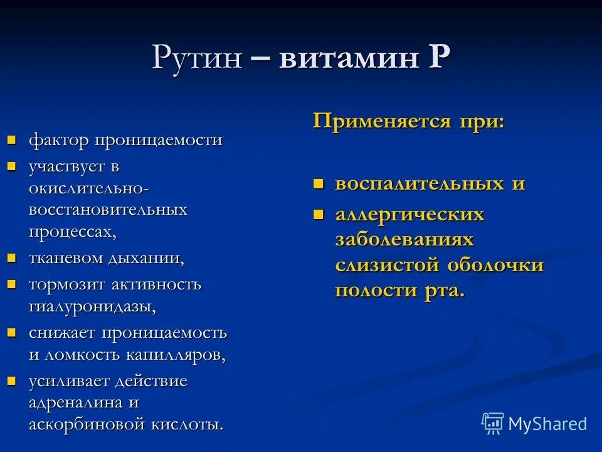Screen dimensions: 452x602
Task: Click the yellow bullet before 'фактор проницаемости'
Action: coord(11,139)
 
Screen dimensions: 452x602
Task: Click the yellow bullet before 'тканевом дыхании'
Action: coord(11,257)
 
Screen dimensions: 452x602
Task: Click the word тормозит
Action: coord(67,284)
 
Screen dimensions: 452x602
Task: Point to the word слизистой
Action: coord(388,265)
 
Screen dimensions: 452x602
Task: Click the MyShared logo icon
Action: coord(493,424)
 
